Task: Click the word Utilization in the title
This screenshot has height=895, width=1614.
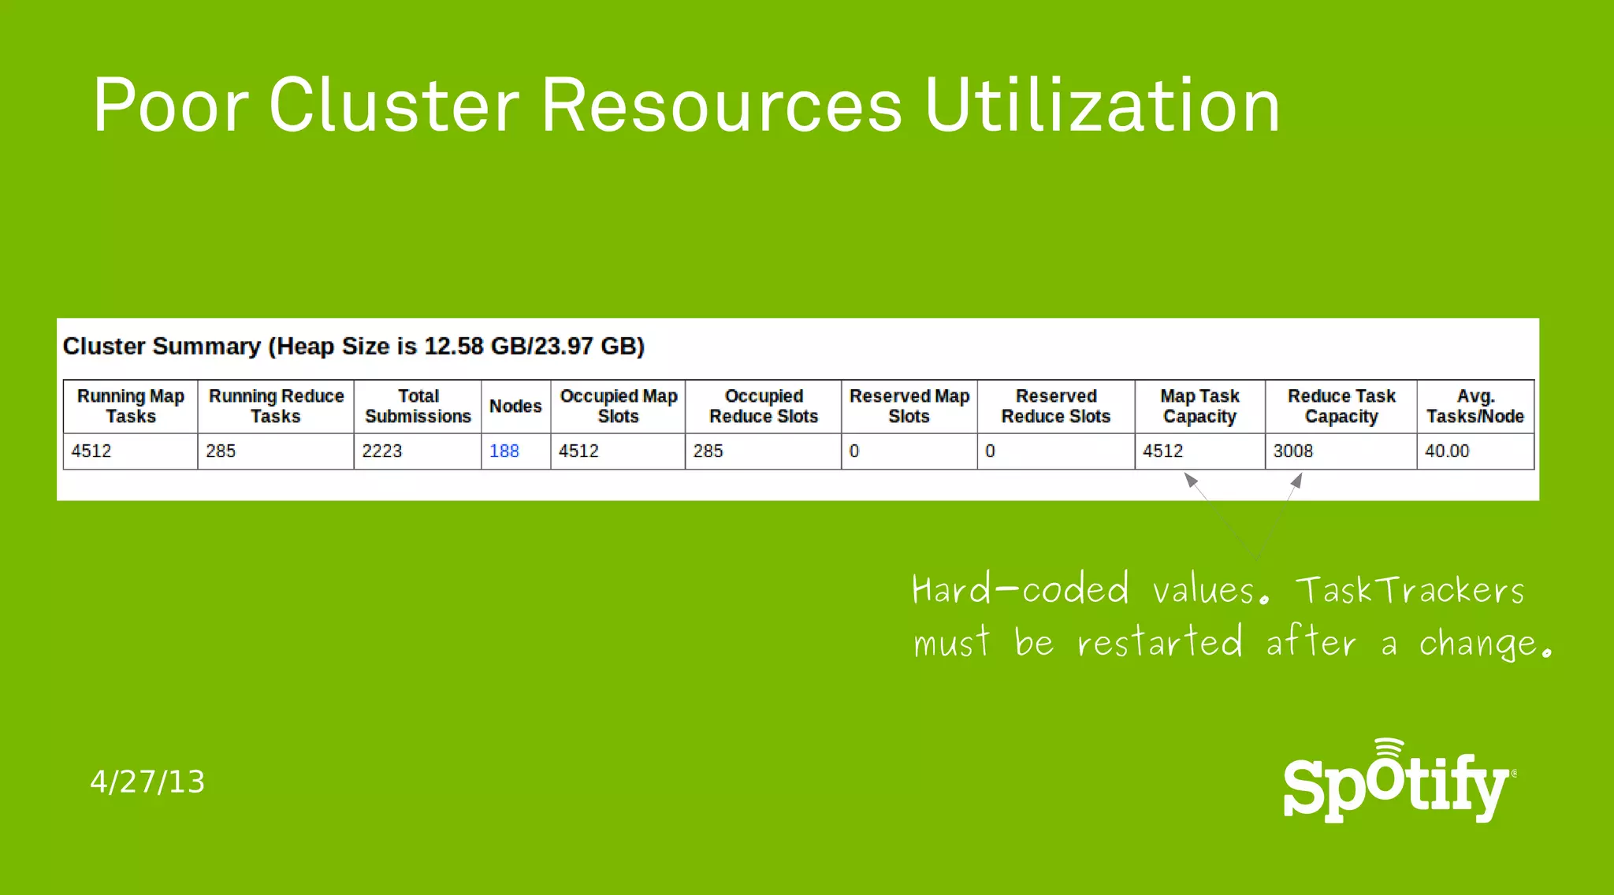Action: click(x=1102, y=106)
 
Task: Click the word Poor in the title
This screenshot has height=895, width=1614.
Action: click(x=171, y=106)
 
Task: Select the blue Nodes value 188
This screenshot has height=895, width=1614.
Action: click(x=504, y=451)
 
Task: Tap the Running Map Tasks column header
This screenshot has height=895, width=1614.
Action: click(x=131, y=406)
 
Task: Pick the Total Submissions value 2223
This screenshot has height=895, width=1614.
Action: click(x=382, y=451)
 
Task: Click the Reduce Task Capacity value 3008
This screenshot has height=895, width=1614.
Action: click(x=1293, y=451)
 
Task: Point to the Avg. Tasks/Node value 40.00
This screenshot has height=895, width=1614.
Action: click(x=1447, y=451)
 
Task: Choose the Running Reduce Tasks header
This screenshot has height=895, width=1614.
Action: click(x=276, y=406)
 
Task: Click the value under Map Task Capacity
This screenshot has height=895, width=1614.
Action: click(x=1163, y=451)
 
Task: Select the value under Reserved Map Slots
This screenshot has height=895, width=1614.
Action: click(x=854, y=451)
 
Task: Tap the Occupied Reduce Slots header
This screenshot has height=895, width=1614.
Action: click(x=764, y=406)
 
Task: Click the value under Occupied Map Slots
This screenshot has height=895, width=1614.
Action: click(x=578, y=451)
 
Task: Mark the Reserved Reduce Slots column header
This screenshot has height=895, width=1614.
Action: click(x=1056, y=406)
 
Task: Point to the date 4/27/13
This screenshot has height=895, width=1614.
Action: click(x=147, y=782)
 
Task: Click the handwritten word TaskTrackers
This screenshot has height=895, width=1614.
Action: click(x=1410, y=590)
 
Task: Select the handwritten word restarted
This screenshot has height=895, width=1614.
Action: click(x=1159, y=642)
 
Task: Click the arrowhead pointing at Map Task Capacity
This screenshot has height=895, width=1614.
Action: click(x=1191, y=479)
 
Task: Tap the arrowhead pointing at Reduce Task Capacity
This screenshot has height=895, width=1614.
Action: click(x=1296, y=480)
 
